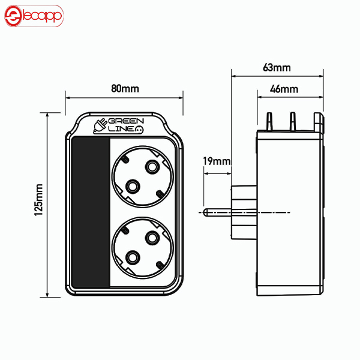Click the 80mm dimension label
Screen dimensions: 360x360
pyautogui.click(x=125, y=89)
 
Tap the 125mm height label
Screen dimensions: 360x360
pyautogui.click(x=38, y=200)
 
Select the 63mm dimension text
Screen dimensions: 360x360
pyautogui.click(x=277, y=67)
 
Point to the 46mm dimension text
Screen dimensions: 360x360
pyautogui.click(x=284, y=89)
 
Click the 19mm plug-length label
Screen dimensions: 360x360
pyautogui.click(x=217, y=161)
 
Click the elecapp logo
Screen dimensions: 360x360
pyautogui.click(x=34, y=16)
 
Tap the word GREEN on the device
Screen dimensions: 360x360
pyautogui.click(x=126, y=121)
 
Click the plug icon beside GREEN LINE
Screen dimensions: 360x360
pyautogui.click(x=100, y=126)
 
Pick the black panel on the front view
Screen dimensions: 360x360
pyautogui.click(x=91, y=212)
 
